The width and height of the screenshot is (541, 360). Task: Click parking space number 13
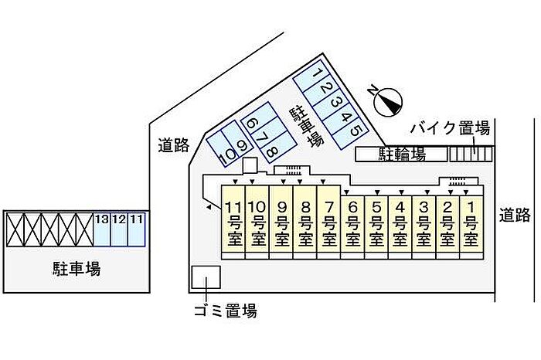coord(102,229)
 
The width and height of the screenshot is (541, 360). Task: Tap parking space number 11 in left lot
coord(136,229)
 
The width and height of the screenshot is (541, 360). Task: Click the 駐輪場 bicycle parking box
coord(402,155)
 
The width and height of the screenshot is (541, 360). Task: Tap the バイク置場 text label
coord(451,129)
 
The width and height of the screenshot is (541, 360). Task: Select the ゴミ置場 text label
coord(226,311)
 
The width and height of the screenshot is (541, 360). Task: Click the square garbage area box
coord(206,277)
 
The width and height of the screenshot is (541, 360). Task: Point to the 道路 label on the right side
coord(515,216)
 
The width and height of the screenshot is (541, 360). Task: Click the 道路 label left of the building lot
coord(174,145)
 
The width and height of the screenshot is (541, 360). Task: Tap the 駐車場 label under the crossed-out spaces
coord(77,269)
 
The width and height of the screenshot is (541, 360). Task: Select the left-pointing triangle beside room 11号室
coord(209,207)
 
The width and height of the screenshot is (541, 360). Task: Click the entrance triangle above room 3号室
coord(427,192)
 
